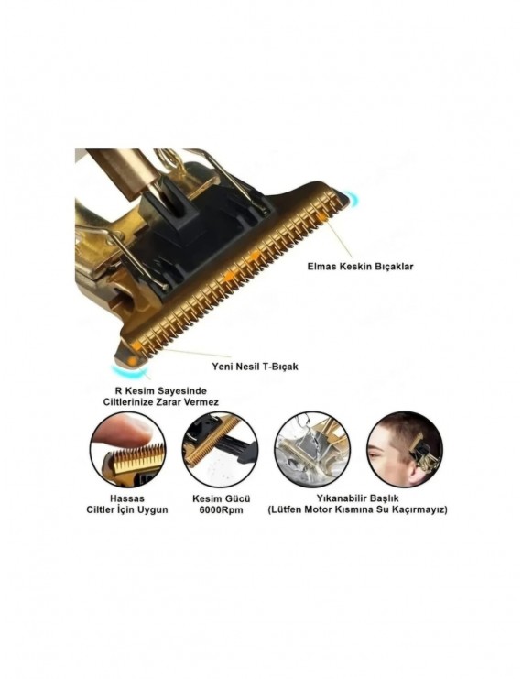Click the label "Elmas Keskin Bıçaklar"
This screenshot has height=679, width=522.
360,267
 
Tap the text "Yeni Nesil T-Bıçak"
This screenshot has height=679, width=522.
255,367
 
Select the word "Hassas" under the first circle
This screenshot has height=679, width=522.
127,498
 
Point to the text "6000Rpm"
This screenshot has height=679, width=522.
222,510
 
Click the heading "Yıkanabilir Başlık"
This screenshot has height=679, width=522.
357,498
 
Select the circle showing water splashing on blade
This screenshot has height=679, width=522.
312,449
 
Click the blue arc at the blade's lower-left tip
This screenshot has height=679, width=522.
130,371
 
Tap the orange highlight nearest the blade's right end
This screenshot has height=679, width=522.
322,216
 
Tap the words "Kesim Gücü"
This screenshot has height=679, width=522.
222,498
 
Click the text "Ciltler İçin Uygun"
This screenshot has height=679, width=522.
126,509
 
